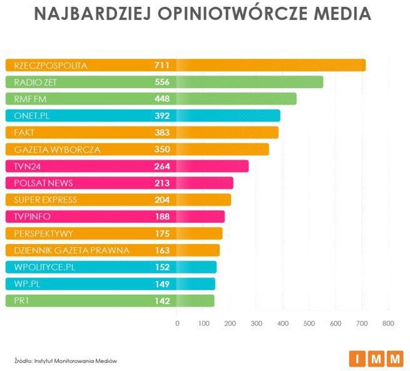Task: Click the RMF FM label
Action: coord(31,99)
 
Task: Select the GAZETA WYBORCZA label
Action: coord(57,150)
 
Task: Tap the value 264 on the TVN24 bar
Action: coord(161,166)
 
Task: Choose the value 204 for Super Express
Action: coord(161,200)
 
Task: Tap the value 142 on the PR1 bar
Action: coord(161,301)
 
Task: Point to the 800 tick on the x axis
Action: coord(388,323)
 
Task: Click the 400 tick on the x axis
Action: coord(282,323)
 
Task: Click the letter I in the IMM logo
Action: coord(357,359)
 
